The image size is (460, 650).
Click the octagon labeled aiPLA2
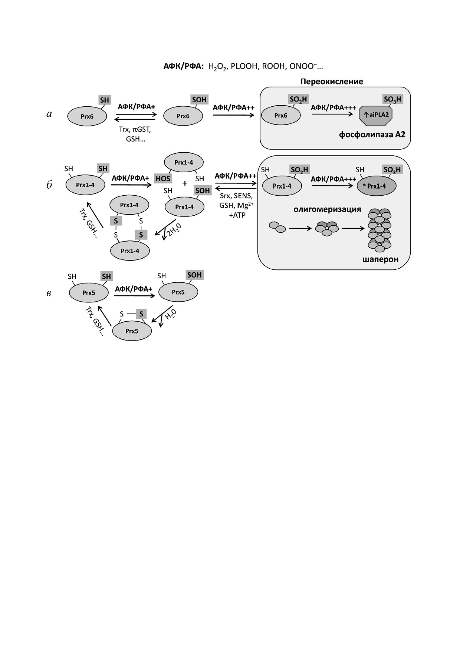tap(375, 115)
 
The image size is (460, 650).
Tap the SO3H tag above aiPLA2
tap(392, 99)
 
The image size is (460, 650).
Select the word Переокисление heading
tap(331, 82)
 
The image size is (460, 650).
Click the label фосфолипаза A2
tap(372, 135)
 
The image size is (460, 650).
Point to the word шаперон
tap(380, 259)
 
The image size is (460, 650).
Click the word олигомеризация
tap(327, 209)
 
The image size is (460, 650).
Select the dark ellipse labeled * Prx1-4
tap(376, 186)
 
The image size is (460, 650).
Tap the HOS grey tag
tap(163, 179)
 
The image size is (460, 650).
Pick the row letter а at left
tap(49, 114)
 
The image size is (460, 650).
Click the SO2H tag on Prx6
tap(299, 99)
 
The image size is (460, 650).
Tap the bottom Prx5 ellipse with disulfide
tap(132, 331)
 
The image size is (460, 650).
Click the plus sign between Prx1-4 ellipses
tap(185, 183)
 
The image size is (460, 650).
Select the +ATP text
tap(237, 215)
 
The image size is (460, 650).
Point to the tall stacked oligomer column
tap(379, 230)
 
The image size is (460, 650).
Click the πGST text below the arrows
tap(141, 130)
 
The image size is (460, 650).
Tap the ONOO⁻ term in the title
tap(304, 66)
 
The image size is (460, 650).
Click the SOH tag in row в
tap(194, 275)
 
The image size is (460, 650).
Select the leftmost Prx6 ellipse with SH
tap(87, 116)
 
